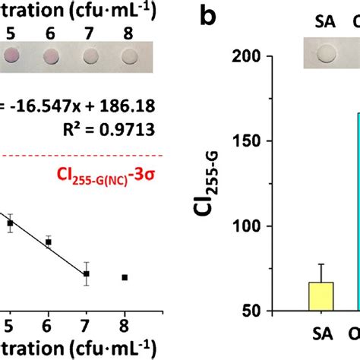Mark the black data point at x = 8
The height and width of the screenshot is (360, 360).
coord(125,278)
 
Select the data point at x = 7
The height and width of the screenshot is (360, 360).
coord(87,273)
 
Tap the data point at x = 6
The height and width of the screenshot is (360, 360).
coord(49,242)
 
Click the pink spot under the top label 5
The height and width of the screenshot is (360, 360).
coord(11,54)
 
